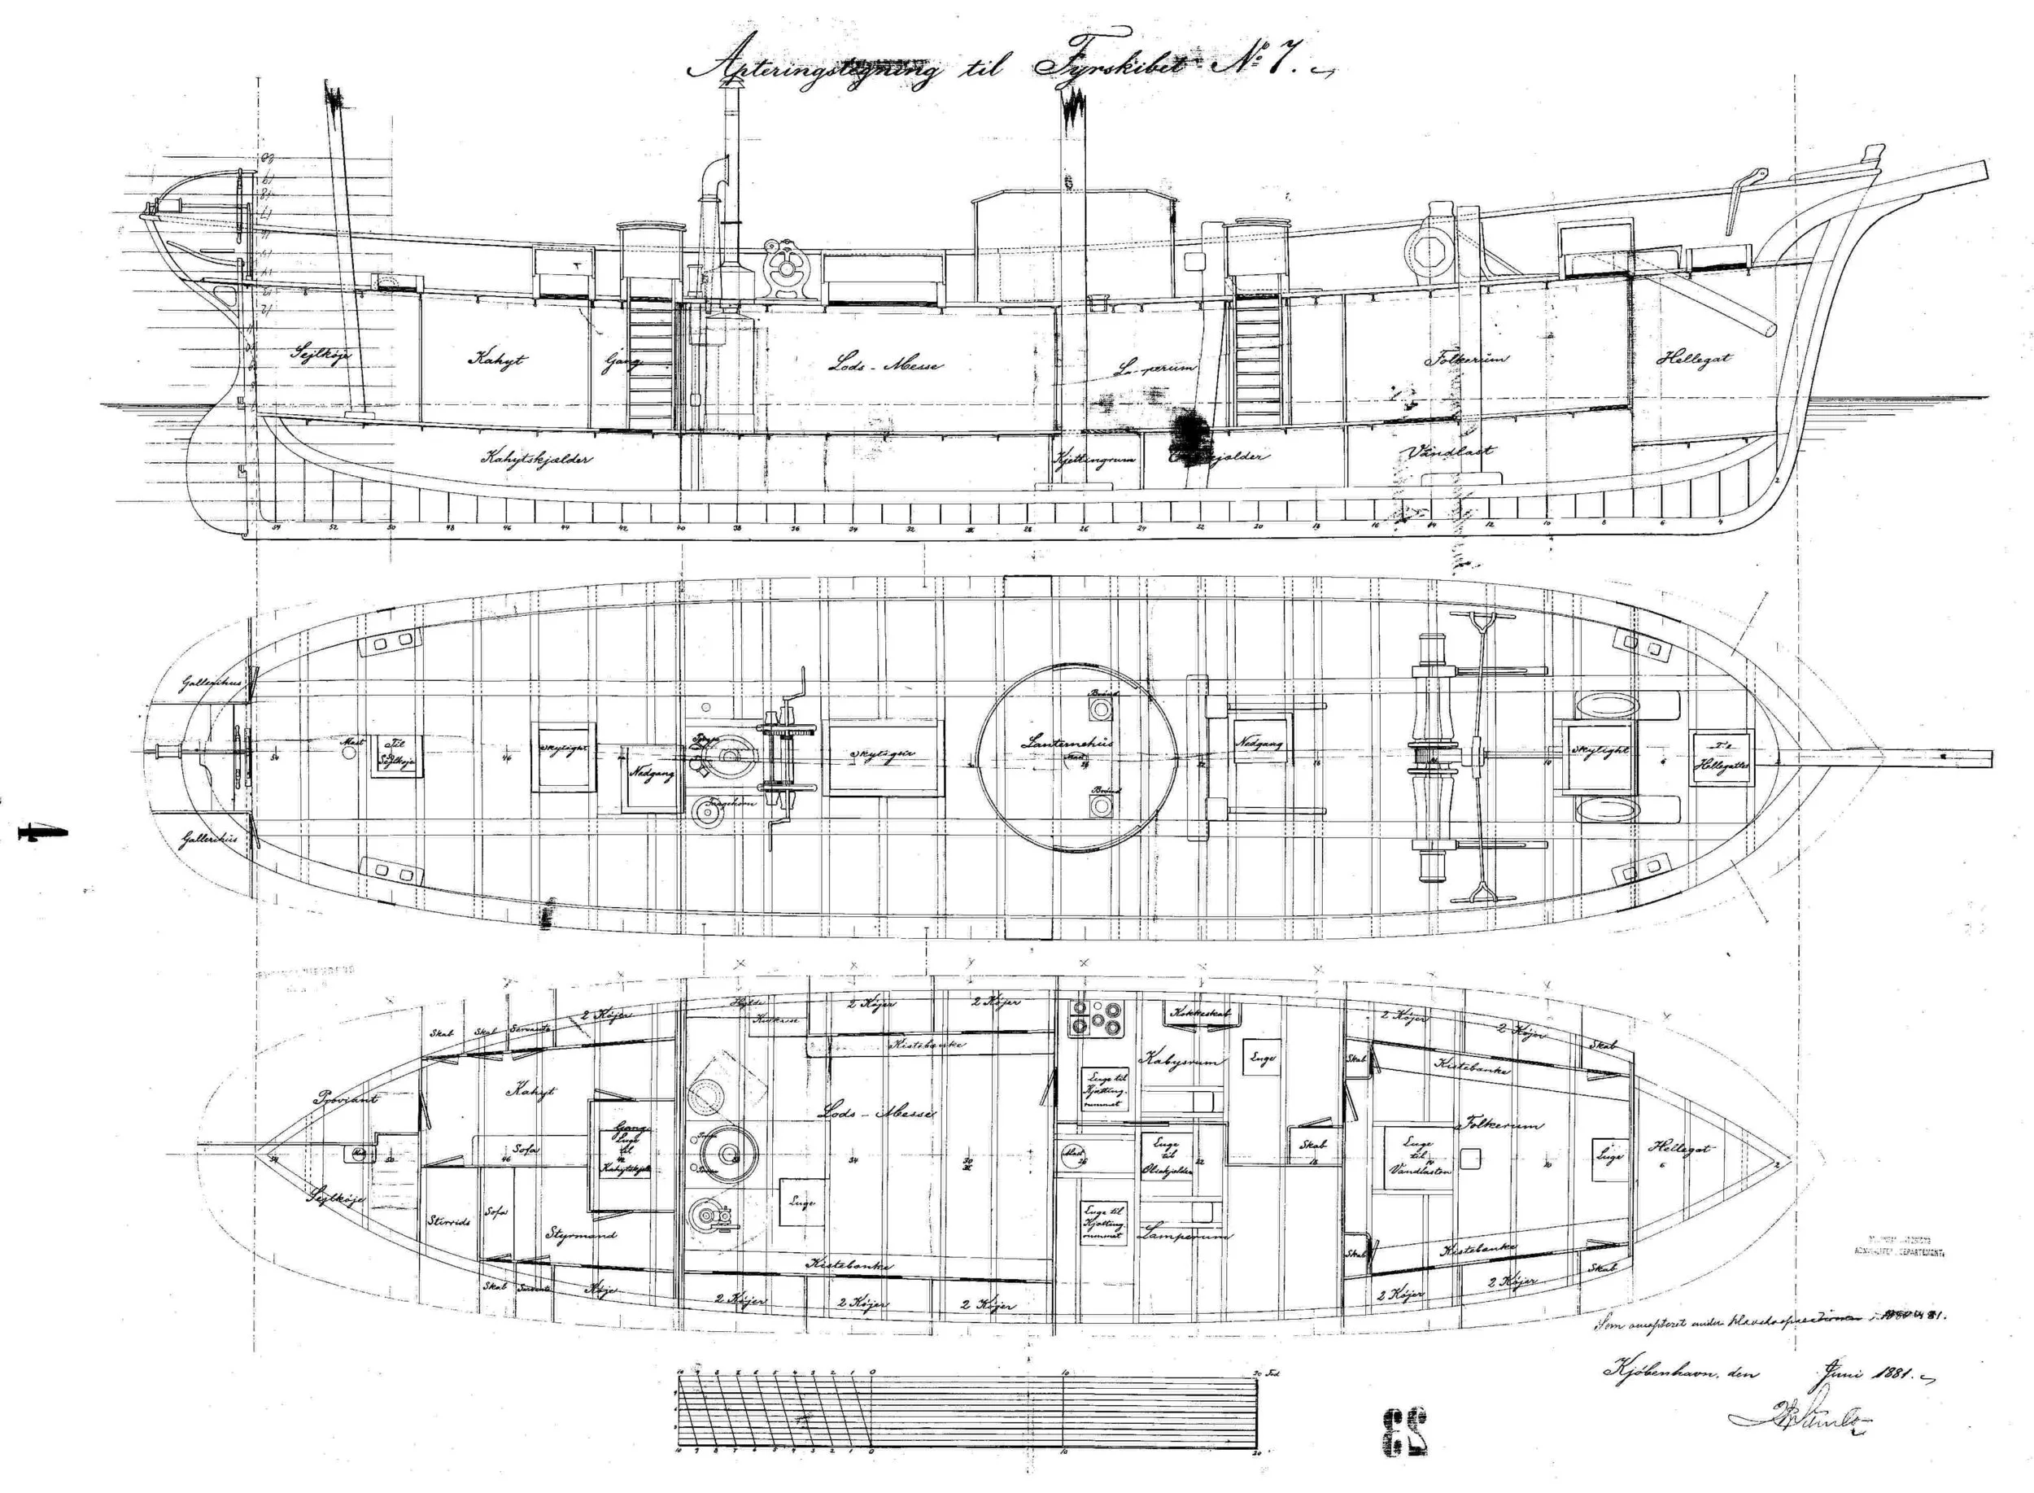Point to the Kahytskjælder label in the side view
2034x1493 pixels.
536,458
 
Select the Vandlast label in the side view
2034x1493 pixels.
1448,451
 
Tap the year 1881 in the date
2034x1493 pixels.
1886,1374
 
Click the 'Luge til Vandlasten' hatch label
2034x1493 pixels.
1420,1156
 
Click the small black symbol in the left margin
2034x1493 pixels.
33,832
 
